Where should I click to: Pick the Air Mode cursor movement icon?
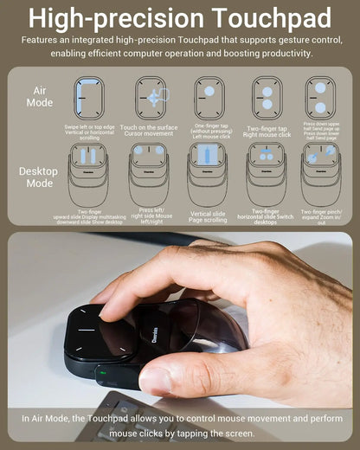[x=151, y=98]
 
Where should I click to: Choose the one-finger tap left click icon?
[x=209, y=98]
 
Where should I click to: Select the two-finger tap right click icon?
[x=267, y=98]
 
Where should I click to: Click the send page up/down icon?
[x=320, y=98]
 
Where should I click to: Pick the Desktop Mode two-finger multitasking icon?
[x=88, y=168]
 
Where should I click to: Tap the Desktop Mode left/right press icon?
[x=149, y=168]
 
